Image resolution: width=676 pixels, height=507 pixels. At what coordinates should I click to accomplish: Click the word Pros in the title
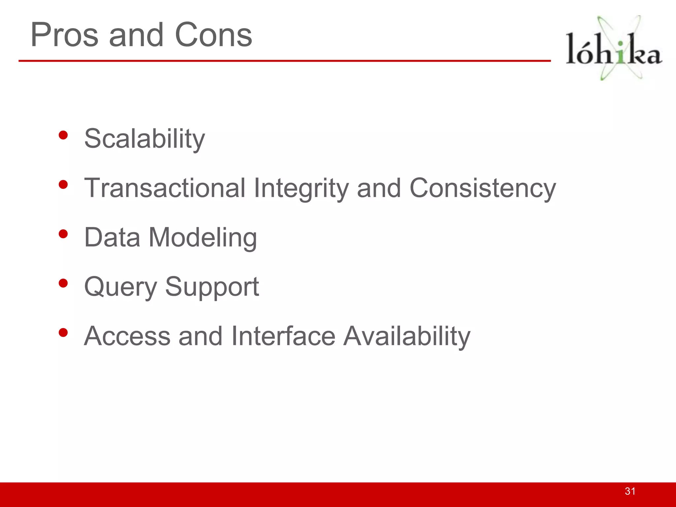pos(64,35)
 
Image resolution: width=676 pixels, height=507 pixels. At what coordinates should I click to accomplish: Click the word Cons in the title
pos(213,35)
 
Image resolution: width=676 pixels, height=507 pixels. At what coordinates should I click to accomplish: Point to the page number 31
pos(630,491)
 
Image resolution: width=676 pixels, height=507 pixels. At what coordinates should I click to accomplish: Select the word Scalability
pos(145,139)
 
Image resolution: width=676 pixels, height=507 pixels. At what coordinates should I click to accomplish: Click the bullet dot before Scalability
pos(63,135)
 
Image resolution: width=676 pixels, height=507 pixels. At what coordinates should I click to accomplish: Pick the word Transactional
pos(165,188)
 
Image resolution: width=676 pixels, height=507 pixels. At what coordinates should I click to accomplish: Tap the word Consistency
pos(483,188)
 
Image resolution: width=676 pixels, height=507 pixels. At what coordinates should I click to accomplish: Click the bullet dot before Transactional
pos(63,185)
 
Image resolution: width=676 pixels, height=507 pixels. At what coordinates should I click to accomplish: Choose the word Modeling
pos(203,238)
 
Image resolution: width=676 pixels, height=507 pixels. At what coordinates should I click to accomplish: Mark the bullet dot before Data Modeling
pos(63,234)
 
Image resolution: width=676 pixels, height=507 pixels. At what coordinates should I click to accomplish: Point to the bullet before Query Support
pos(63,283)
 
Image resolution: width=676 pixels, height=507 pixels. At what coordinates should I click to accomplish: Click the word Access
pos(127,336)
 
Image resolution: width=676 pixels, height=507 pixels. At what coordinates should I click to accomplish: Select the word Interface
pos(283,336)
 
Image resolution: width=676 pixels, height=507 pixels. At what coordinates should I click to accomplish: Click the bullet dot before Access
pos(63,332)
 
